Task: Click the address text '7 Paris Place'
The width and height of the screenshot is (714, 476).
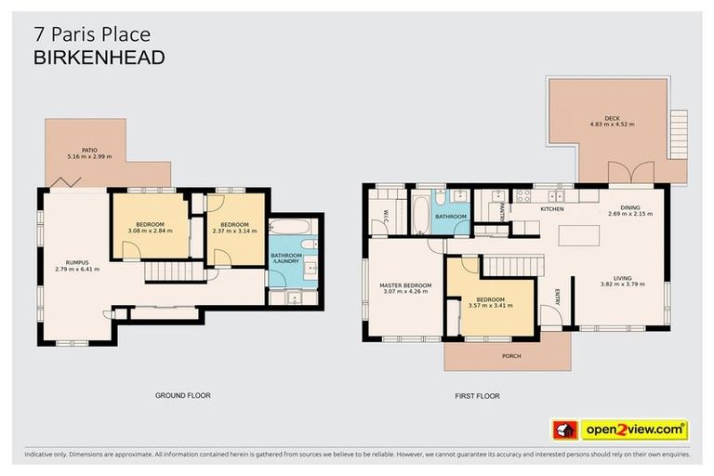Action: (x=91, y=34)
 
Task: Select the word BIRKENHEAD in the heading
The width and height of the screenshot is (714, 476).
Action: (x=99, y=58)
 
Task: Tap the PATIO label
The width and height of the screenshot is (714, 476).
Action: (x=89, y=150)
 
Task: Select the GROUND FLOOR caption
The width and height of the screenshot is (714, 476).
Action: (x=182, y=395)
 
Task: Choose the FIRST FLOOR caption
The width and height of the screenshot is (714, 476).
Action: (x=477, y=396)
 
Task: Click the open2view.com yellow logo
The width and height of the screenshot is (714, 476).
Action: (x=633, y=430)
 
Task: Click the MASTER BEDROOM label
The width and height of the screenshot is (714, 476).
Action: (x=405, y=284)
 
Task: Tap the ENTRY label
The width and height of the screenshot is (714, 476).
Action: (x=557, y=297)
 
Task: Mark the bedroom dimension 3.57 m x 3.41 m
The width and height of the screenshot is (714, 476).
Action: (x=490, y=305)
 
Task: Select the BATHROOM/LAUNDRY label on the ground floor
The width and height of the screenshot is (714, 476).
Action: (x=285, y=258)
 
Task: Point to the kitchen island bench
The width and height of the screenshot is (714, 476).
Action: (x=575, y=234)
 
